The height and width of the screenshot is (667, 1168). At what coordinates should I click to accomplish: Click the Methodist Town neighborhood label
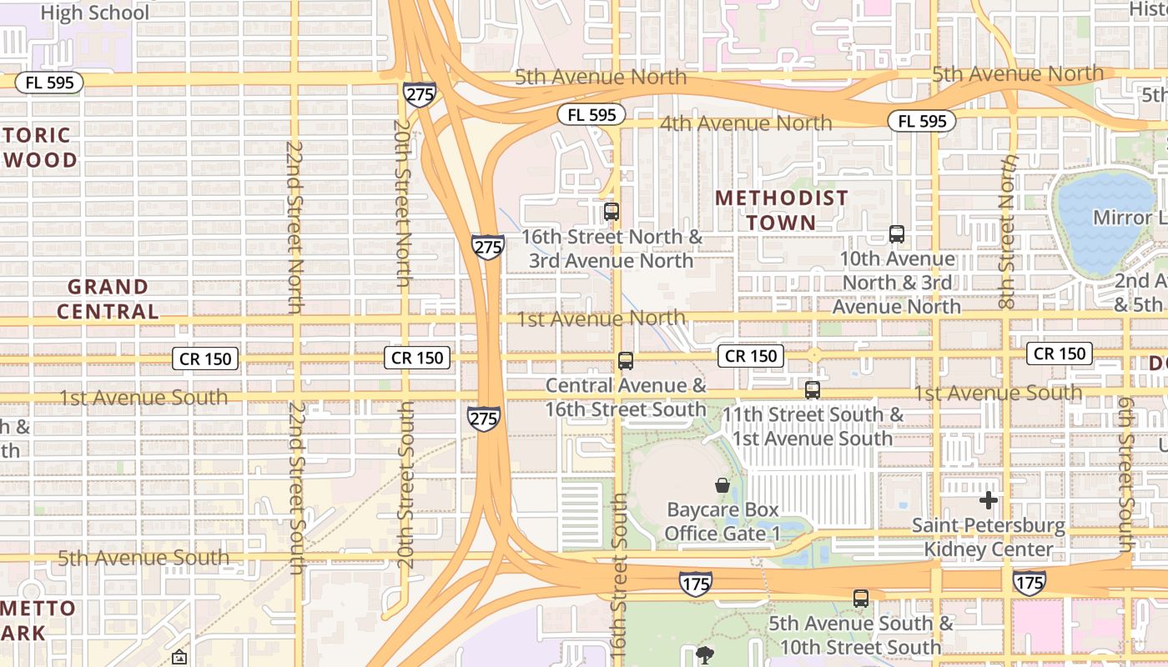pyautogui.click(x=782, y=210)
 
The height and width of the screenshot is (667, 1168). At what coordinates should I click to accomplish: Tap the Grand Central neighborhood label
pyautogui.click(x=108, y=299)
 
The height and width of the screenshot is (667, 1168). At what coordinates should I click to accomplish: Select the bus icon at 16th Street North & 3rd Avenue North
pyautogui.click(x=612, y=212)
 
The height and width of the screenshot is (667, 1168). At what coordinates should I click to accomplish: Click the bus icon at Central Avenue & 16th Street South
pyautogui.click(x=626, y=361)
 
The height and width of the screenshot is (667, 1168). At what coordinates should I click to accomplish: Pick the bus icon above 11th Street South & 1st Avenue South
pyautogui.click(x=813, y=389)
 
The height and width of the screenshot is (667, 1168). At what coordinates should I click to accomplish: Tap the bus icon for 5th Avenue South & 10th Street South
pyautogui.click(x=861, y=598)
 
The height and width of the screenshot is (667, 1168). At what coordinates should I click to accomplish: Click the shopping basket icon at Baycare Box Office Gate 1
pyautogui.click(x=722, y=485)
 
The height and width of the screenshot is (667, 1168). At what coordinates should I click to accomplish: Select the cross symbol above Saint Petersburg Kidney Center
pyautogui.click(x=989, y=500)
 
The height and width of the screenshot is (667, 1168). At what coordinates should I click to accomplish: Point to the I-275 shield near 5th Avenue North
pyautogui.click(x=419, y=93)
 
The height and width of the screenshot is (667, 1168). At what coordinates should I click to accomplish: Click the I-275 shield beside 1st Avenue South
pyautogui.click(x=484, y=419)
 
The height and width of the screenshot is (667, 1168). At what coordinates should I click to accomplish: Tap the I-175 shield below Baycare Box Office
pyautogui.click(x=696, y=583)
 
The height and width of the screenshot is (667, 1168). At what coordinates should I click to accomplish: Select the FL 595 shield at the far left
pyautogui.click(x=49, y=82)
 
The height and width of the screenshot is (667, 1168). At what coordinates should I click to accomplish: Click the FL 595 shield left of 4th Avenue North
pyautogui.click(x=592, y=114)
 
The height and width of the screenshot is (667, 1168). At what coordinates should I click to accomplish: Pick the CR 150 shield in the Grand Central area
pyautogui.click(x=205, y=359)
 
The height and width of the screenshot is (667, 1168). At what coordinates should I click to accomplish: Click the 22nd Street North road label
pyautogui.click(x=295, y=227)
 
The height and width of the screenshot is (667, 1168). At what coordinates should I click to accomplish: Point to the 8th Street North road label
pyautogui.click(x=1007, y=232)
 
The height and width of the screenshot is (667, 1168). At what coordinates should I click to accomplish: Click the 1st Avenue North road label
pyautogui.click(x=601, y=318)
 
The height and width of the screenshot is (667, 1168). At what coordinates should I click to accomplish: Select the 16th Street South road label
pyautogui.click(x=618, y=575)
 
